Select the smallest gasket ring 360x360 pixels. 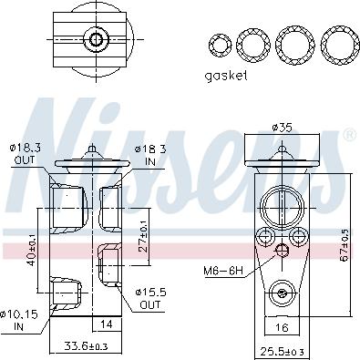tap(219, 44)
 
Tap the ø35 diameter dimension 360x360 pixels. tap(282, 128)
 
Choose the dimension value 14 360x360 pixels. tap(107, 324)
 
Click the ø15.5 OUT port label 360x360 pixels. tap(149, 297)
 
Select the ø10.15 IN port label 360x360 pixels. tap(19, 319)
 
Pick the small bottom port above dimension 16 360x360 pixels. tap(282, 293)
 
